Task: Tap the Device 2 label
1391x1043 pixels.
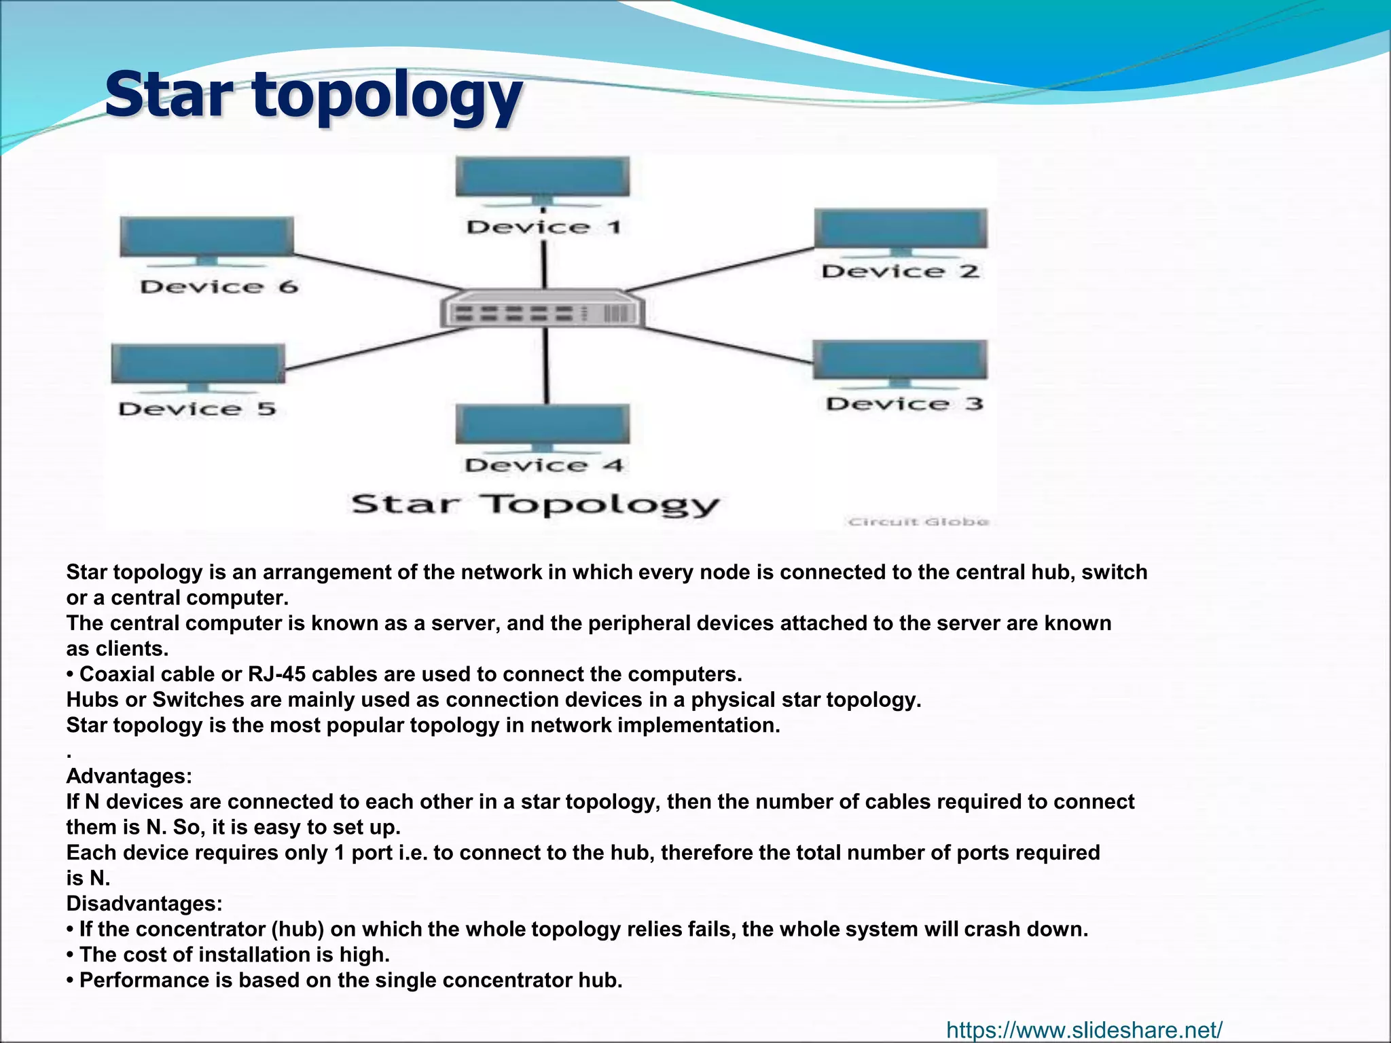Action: pos(900,272)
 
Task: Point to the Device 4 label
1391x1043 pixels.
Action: pos(543,466)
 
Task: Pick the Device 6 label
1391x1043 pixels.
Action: pos(219,287)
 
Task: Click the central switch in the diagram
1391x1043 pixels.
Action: pos(542,311)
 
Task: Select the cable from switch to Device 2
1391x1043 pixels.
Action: pos(720,270)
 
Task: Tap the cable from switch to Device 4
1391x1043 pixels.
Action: pos(545,367)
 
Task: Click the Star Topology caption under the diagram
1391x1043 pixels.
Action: pos(535,505)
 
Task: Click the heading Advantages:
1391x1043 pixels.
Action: pos(129,776)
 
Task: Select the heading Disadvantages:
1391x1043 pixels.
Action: pos(144,904)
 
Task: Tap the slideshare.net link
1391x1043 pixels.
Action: pos(1084,1030)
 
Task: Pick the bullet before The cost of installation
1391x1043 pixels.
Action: pos(71,955)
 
